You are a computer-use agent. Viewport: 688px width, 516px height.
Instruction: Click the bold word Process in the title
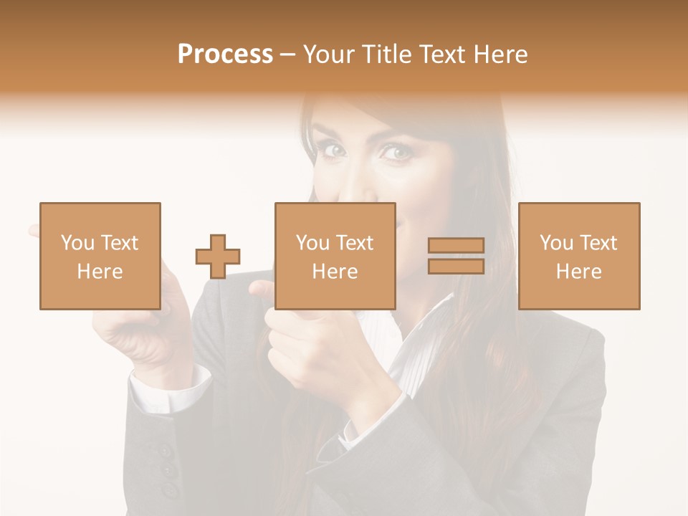(x=225, y=54)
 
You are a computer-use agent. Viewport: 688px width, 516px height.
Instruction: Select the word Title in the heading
(x=388, y=54)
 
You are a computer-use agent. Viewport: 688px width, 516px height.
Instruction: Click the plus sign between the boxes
(x=218, y=256)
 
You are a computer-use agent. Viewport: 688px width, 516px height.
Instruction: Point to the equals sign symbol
(x=456, y=256)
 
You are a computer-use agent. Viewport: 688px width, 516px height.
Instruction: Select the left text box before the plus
(x=100, y=256)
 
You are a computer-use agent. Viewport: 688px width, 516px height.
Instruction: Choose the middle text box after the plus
(x=335, y=256)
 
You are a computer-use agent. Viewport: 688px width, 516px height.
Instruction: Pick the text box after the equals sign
(x=579, y=256)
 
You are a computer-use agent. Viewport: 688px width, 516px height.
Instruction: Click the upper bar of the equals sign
(x=456, y=246)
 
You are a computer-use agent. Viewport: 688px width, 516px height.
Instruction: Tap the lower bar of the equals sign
(x=456, y=266)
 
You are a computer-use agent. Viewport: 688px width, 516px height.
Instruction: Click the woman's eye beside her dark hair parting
(x=333, y=150)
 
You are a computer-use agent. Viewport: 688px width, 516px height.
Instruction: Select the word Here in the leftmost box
(x=100, y=272)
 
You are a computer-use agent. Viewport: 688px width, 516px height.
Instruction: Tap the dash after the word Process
(x=288, y=54)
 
